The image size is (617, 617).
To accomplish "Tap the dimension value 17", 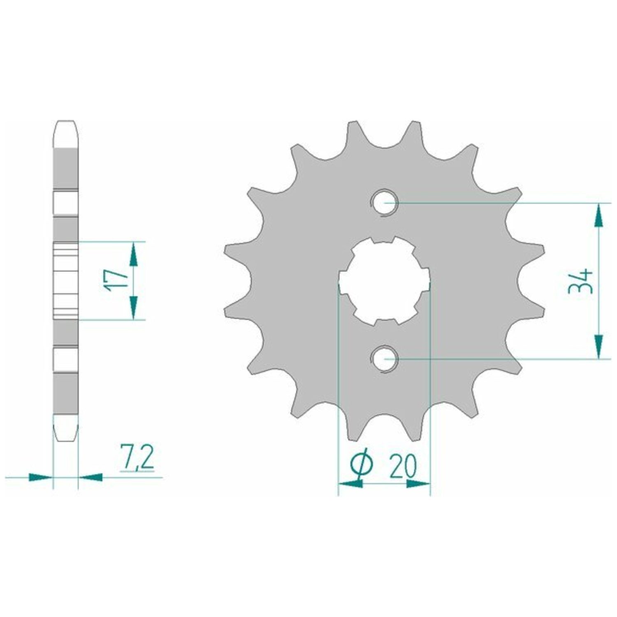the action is point(116,281).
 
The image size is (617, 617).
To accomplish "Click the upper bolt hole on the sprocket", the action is point(384,203).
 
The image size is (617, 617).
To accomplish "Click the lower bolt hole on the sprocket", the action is point(384,359).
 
